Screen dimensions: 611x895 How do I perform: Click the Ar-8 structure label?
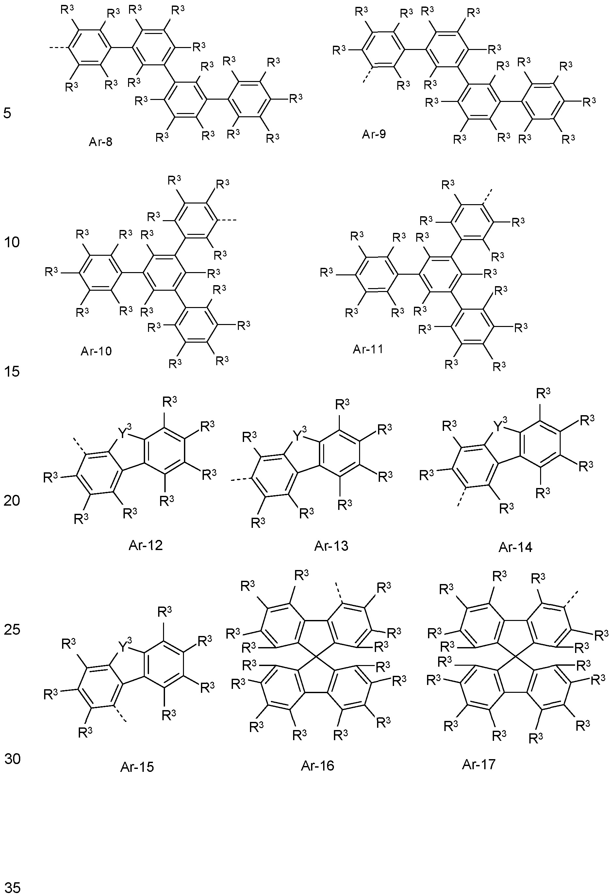[101, 142]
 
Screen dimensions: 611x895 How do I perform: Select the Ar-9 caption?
[374, 134]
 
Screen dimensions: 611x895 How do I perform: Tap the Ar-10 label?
[96, 351]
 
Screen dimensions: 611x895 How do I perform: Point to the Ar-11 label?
[368, 349]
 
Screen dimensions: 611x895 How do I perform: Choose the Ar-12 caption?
[146, 545]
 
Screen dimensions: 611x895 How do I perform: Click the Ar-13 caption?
[331, 545]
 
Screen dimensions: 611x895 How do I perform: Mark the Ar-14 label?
[516, 547]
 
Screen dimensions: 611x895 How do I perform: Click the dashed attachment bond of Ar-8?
[59, 48]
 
